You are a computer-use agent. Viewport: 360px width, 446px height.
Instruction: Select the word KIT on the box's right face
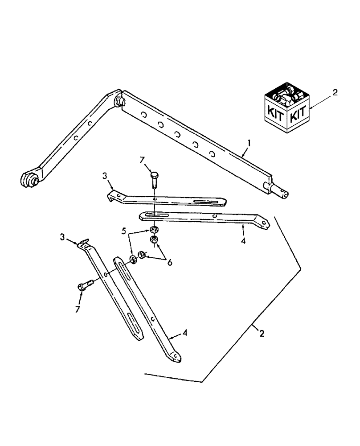297,115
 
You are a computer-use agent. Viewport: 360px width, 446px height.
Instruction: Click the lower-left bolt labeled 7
86,285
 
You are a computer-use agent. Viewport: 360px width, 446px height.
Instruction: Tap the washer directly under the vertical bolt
153,229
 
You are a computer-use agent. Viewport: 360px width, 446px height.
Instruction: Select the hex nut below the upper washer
154,241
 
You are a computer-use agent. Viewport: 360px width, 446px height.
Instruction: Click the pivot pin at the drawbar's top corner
119,100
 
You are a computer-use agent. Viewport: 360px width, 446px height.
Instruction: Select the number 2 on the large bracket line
262,333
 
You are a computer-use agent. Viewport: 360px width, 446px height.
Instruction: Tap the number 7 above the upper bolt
142,160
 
